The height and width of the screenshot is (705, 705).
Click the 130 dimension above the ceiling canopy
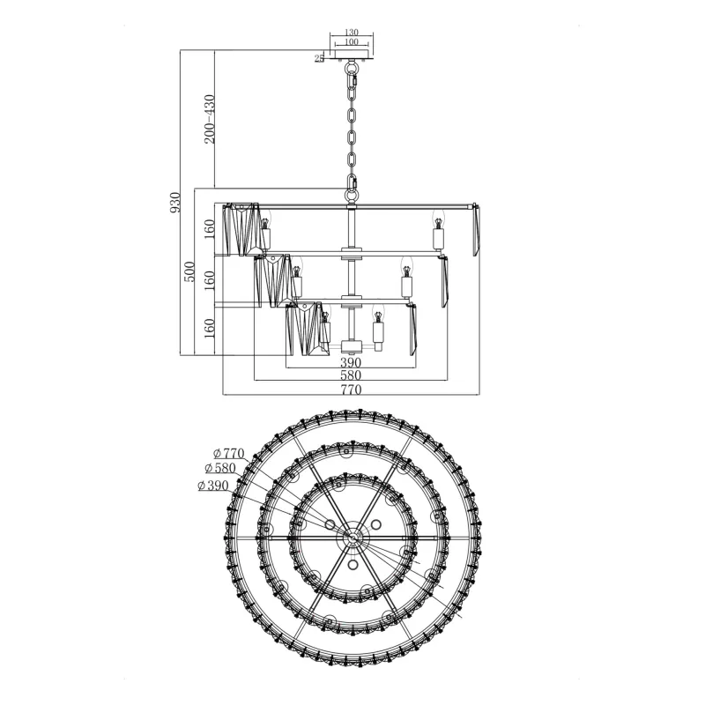pos(351,33)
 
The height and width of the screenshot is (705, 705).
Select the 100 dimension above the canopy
pos(351,41)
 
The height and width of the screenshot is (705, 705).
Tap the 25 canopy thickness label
pos(319,58)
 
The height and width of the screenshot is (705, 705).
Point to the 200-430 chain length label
pos(210,119)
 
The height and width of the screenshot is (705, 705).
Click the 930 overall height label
pos(174,203)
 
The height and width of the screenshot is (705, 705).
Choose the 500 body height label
pos(189,271)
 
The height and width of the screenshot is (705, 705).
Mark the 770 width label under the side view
pos(351,390)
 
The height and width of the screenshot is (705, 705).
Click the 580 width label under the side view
pos(351,375)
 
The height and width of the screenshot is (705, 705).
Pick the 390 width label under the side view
pos(351,362)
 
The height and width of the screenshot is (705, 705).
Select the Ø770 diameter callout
pos(229,453)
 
